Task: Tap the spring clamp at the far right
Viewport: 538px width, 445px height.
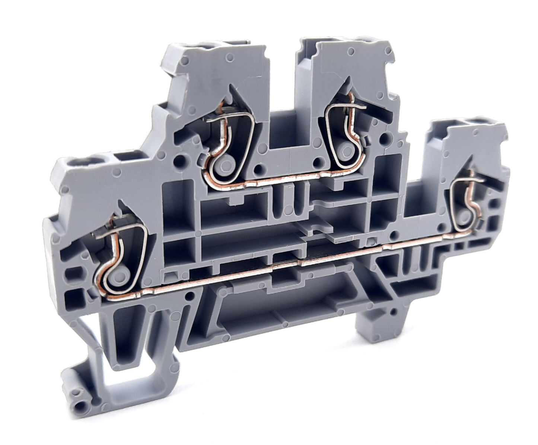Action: (x=465, y=201)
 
